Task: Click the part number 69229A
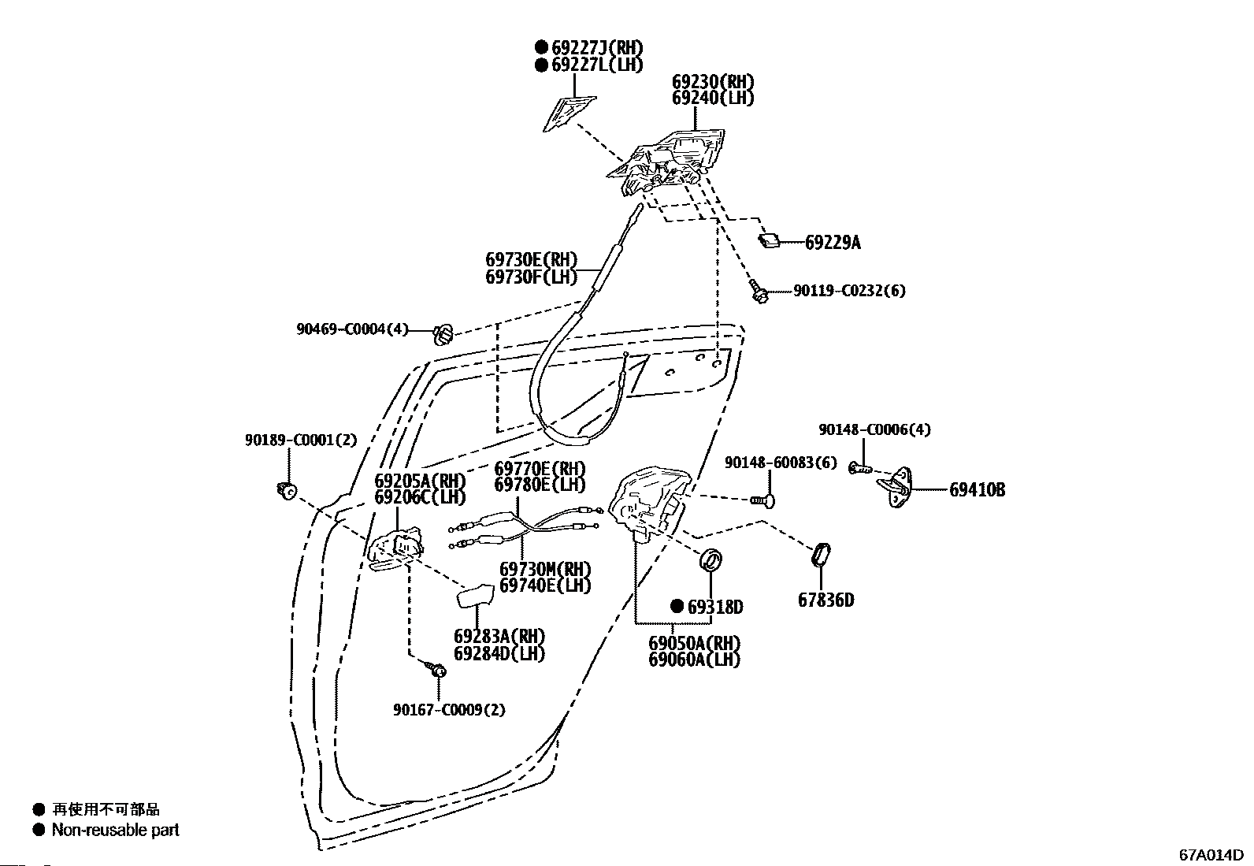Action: coord(833,243)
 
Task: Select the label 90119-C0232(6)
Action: coord(849,291)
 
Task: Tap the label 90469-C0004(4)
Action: coord(353,329)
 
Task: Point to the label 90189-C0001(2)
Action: coord(301,440)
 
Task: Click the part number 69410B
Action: coord(978,490)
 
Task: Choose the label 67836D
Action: coord(826,600)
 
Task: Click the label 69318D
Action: coord(715,607)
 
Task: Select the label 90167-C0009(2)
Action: coord(449,710)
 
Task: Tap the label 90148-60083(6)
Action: coord(781,463)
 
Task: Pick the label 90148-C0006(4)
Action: coord(874,429)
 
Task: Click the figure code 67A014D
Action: coord(1211,855)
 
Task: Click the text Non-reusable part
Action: coord(115,830)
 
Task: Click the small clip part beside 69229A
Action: coord(769,241)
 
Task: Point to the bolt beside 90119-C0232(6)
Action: coord(759,292)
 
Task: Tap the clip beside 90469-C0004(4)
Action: coord(443,334)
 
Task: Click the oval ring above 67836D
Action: coord(822,555)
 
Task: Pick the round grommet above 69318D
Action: coord(711,560)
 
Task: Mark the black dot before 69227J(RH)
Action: coord(541,47)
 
